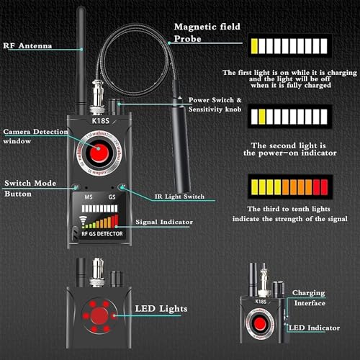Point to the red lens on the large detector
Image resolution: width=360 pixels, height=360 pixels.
pos(96,154)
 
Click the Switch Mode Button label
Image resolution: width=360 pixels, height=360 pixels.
pos(26,189)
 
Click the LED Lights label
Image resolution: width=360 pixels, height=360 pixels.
pos(162,310)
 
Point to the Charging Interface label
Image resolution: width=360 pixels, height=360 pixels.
pos(308,298)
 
